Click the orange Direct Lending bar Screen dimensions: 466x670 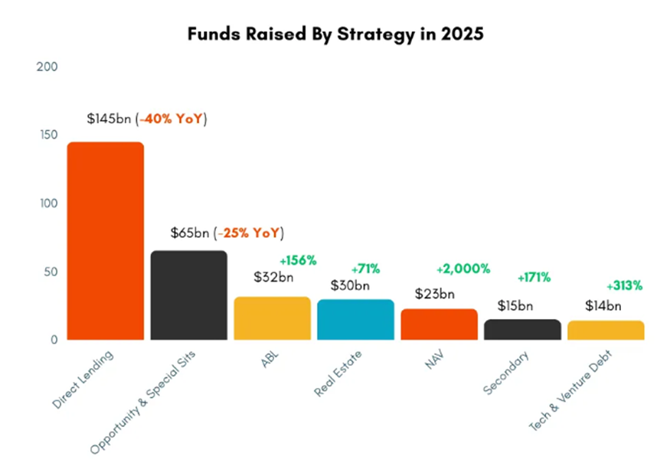(106, 240)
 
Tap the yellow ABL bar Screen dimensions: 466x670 (272, 318)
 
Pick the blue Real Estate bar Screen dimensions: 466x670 (355, 319)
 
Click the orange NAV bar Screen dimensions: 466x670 (439, 324)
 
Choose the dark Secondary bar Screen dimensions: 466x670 (522, 329)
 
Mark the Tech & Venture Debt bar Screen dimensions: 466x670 (606, 330)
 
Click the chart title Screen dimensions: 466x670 (335, 34)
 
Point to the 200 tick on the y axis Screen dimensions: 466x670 (47, 67)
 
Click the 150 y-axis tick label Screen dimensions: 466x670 (47, 135)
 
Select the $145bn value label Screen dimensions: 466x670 (109, 119)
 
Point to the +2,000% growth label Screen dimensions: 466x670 (462, 269)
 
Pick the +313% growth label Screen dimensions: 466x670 (624, 286)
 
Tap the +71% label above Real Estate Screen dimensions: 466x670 (365, 269)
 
